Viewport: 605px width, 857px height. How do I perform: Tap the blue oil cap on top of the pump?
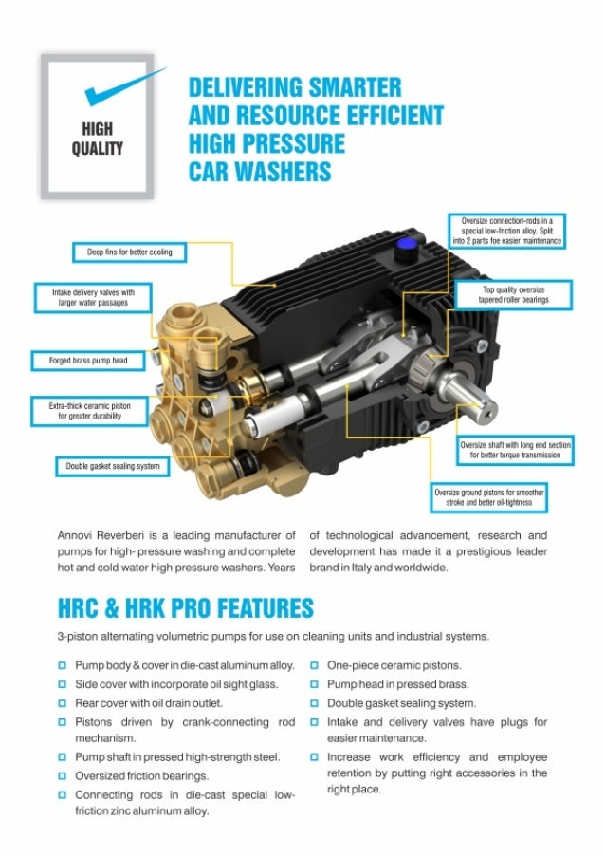405,246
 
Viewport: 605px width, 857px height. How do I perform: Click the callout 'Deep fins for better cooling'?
129,252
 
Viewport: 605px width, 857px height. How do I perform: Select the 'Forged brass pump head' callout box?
88,361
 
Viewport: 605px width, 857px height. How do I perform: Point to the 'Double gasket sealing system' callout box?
113,466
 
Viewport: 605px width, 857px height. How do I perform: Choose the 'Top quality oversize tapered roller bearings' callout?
513,295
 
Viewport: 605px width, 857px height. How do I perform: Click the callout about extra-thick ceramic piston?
89,411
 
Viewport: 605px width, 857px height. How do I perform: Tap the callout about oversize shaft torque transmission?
515,450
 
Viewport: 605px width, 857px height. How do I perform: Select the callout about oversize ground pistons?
488,497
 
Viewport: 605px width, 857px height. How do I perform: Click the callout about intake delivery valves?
93,298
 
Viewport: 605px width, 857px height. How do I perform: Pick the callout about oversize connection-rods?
506,231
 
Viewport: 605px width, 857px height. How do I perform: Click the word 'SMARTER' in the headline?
355,87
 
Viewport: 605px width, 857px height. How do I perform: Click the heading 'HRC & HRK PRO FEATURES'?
186,608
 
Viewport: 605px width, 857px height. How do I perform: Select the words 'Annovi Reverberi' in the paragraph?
101,535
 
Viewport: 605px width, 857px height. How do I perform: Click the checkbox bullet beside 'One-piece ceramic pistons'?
315,665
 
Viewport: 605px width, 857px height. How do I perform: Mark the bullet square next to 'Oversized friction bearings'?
63,776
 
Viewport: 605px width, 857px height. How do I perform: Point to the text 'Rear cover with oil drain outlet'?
149,703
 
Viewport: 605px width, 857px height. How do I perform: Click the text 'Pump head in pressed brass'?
397,684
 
